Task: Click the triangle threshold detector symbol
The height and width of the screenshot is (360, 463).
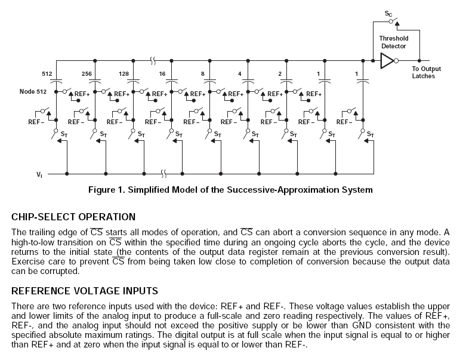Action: (x=387, y=60)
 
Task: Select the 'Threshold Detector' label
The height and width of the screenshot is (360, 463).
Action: (x=394, y=42)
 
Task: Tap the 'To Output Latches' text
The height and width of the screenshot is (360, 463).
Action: (x=427, y=72)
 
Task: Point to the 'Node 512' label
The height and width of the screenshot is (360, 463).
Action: (x=32, y=92)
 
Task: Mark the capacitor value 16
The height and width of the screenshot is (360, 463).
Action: (x=162, y=74)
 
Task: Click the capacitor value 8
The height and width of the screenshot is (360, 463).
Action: (x=203, y=74)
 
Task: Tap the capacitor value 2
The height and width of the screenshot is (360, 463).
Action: (x=279, y=74)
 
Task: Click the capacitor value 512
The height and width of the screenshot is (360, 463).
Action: (x=47, y=74)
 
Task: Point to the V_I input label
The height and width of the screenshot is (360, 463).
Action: (x=39, y=174)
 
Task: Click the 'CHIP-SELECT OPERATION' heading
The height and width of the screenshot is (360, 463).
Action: (x=73, y=217)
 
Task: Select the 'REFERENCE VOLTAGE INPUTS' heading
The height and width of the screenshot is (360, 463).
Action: (x=85, y=291)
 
